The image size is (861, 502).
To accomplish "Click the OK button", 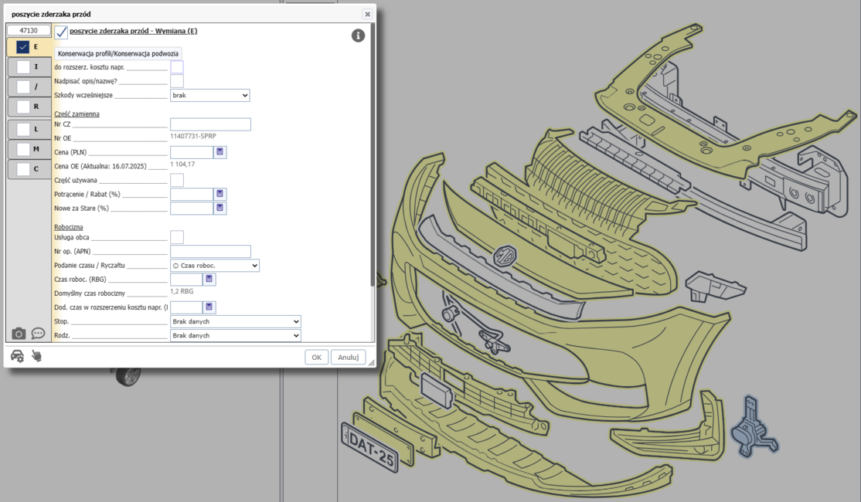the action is [316, 357].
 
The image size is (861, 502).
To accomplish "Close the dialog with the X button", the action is [367, 14].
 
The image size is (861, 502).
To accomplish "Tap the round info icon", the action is [358, 36].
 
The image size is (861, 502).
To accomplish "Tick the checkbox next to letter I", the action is [23, 67].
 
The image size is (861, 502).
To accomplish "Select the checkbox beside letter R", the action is [23, 107].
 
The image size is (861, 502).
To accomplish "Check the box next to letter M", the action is [23, 149].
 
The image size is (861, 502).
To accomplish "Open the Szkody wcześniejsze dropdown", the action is [209, 96].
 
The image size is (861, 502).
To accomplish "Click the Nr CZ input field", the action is [210, 124].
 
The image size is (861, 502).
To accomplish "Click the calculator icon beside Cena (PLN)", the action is [220, 152].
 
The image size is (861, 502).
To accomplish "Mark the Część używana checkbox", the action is [177, 180].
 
